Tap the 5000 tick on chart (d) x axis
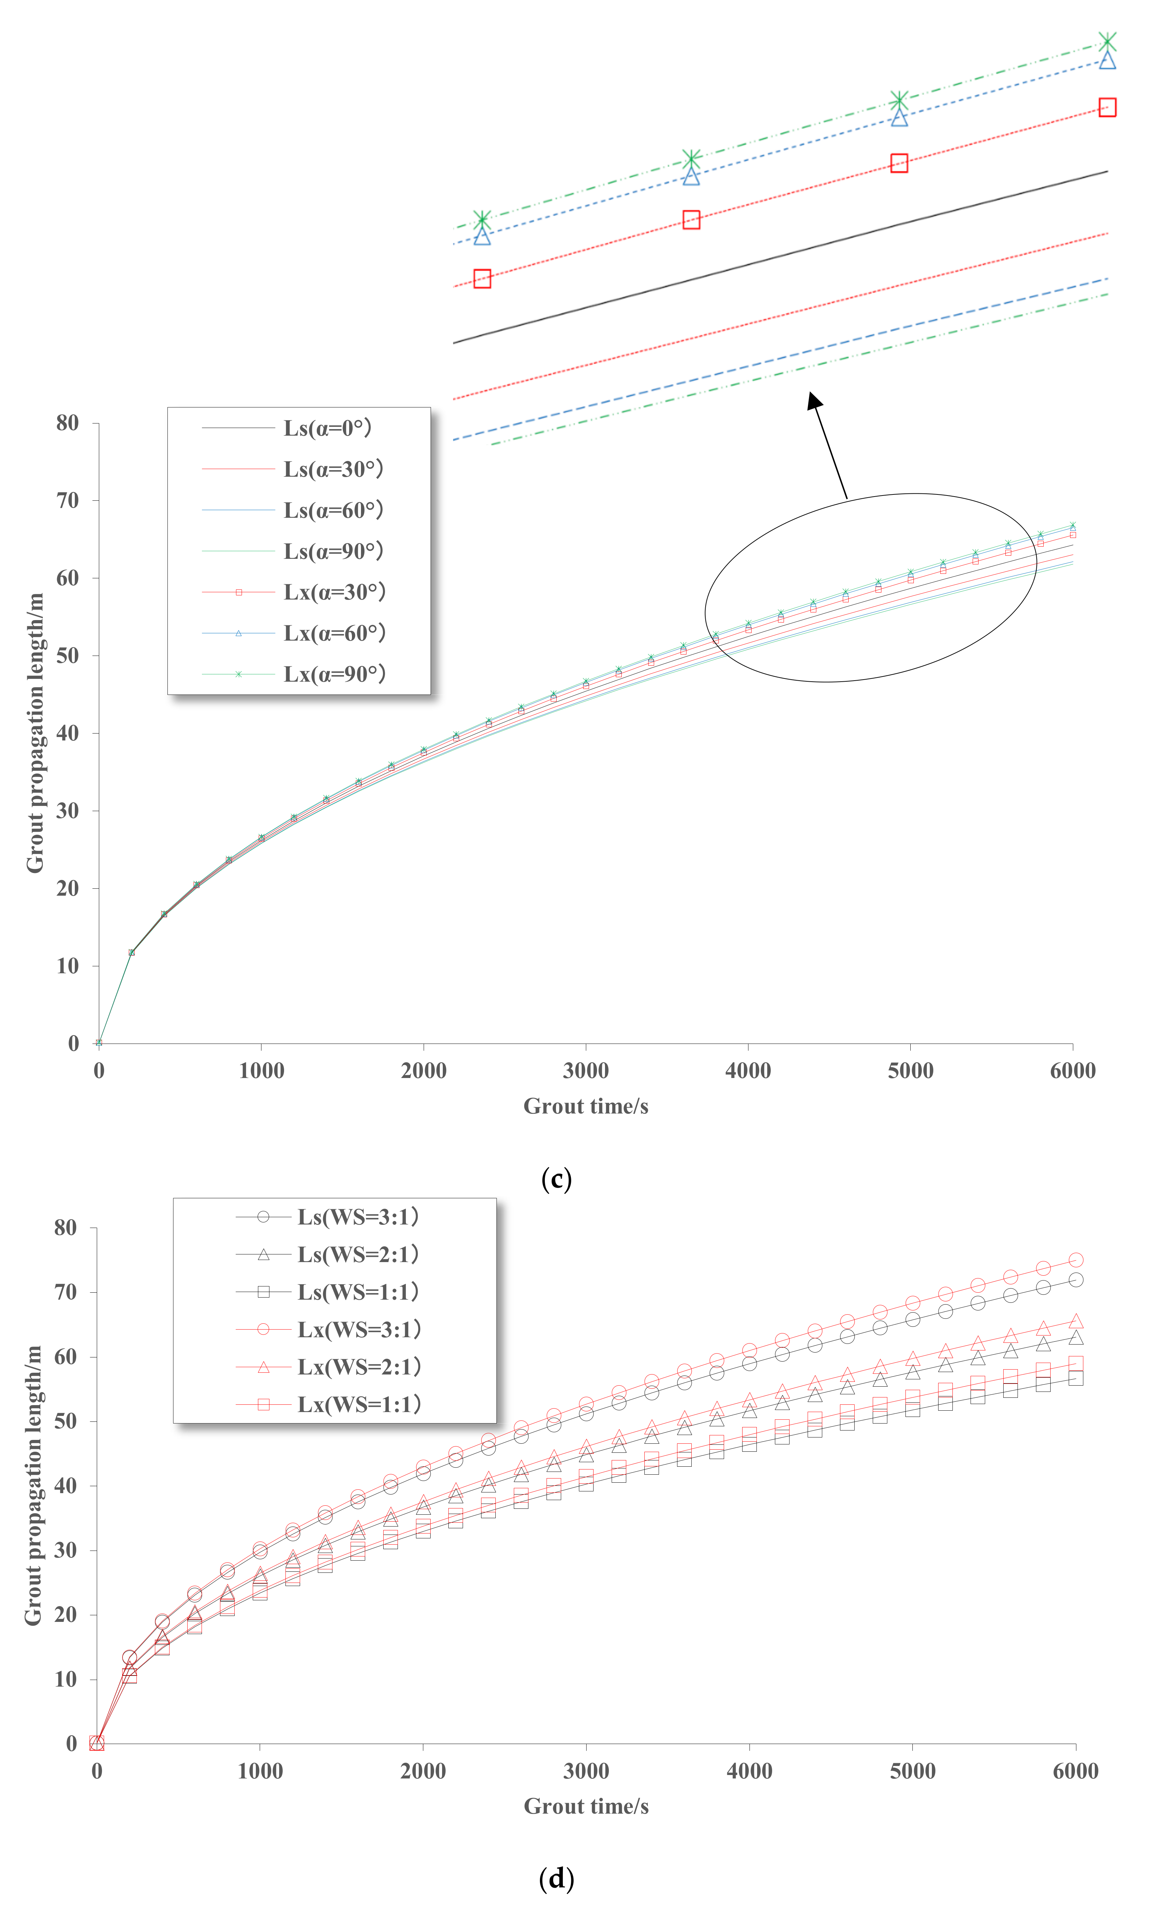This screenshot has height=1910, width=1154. click(912, 1771)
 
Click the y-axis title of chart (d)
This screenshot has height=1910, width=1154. click(33, 1485)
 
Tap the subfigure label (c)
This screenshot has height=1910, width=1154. click(556, 1179)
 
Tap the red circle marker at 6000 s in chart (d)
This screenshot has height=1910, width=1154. click(1076, 1260)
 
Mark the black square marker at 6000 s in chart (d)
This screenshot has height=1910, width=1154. click(1076, 1378)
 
